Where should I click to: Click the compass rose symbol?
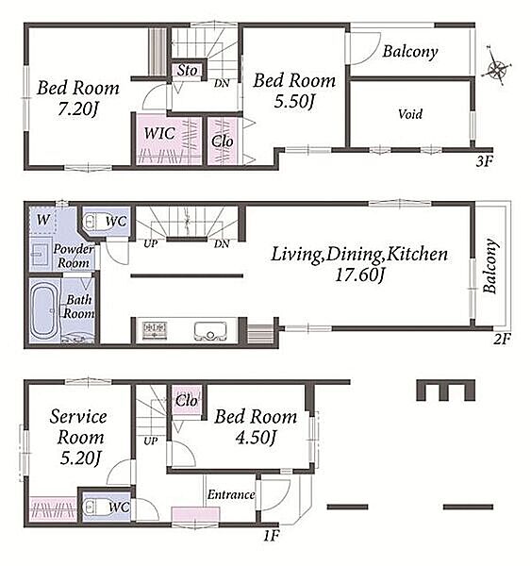tap(496, 68)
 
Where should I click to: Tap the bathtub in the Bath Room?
tap(44, 310)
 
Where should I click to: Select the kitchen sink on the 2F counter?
tap(211, 331)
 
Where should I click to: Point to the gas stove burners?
tap(155, 330)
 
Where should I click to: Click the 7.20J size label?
tap(78, 108)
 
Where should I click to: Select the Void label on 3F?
tap(410, 114)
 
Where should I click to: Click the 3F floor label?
tap(484, 161)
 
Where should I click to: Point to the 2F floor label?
tap(502, 339)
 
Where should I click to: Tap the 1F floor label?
tap(271, 536)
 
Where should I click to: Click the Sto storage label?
tap(187, 71)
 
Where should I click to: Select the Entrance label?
tap(231, 494)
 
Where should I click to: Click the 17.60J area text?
tap(360, 275)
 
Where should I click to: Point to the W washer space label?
tap(43, 220)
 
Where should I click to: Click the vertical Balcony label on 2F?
tap(490, 266)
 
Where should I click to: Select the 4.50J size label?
tap(256, 438)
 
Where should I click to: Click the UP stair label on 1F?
tap(151, 441)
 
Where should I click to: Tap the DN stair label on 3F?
tap(222, 83)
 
